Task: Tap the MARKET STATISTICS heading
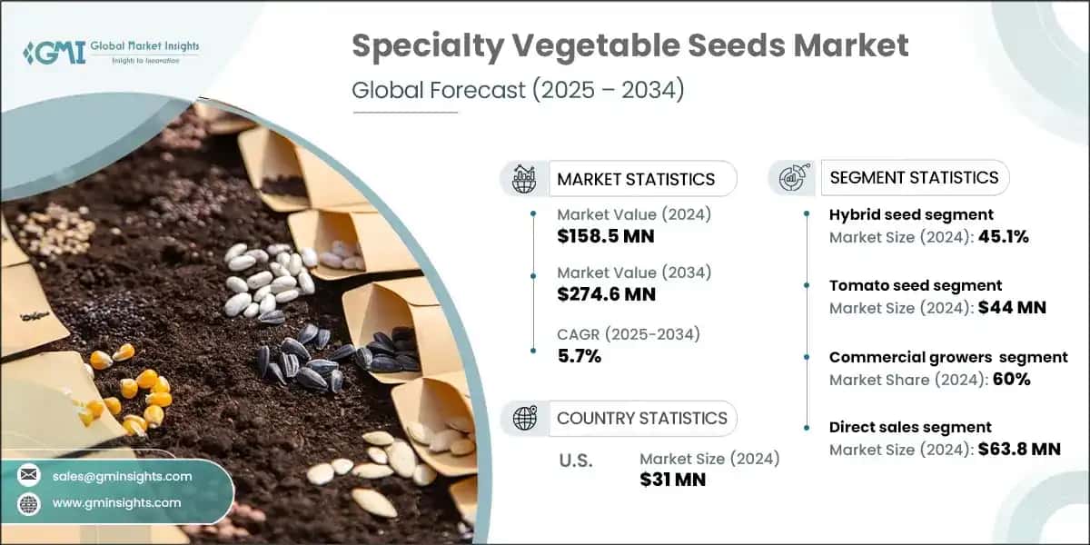click(x=636, y=179)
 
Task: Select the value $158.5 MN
click(x=606, y=236)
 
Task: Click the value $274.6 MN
click(x=606, y=293)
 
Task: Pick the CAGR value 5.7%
click(x=580, y=356)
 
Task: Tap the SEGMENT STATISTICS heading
click(x=914, y=177)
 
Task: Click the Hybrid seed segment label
click(x=911, y=214)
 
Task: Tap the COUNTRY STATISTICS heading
click(x=642, y=418)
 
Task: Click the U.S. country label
click(x=575, y=460)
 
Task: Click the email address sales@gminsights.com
click(x=122, y=476)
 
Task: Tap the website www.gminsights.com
click(x=116, y=502)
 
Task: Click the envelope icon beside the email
click(x=29, y=476)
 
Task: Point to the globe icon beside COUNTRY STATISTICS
click(x=525, y=418)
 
